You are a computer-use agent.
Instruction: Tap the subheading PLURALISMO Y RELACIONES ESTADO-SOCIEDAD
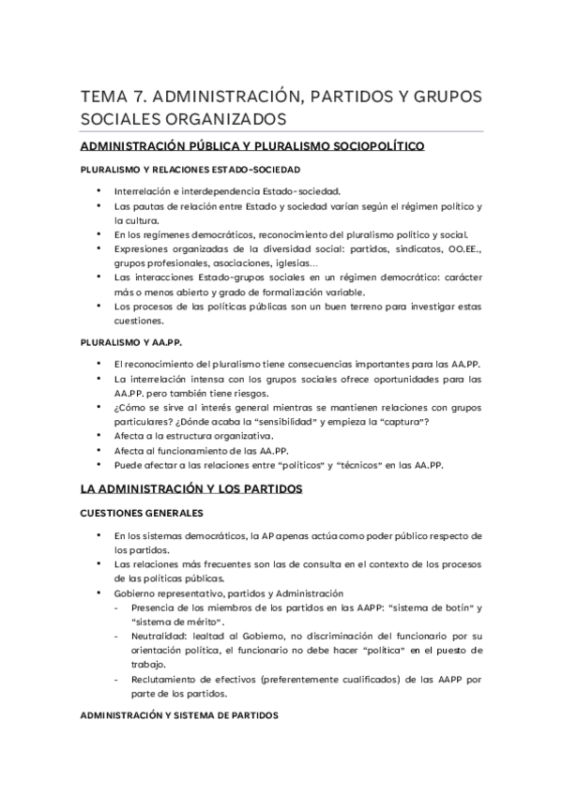coord(176,170)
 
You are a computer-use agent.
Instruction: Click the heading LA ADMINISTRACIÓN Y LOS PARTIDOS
coord(191,489)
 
